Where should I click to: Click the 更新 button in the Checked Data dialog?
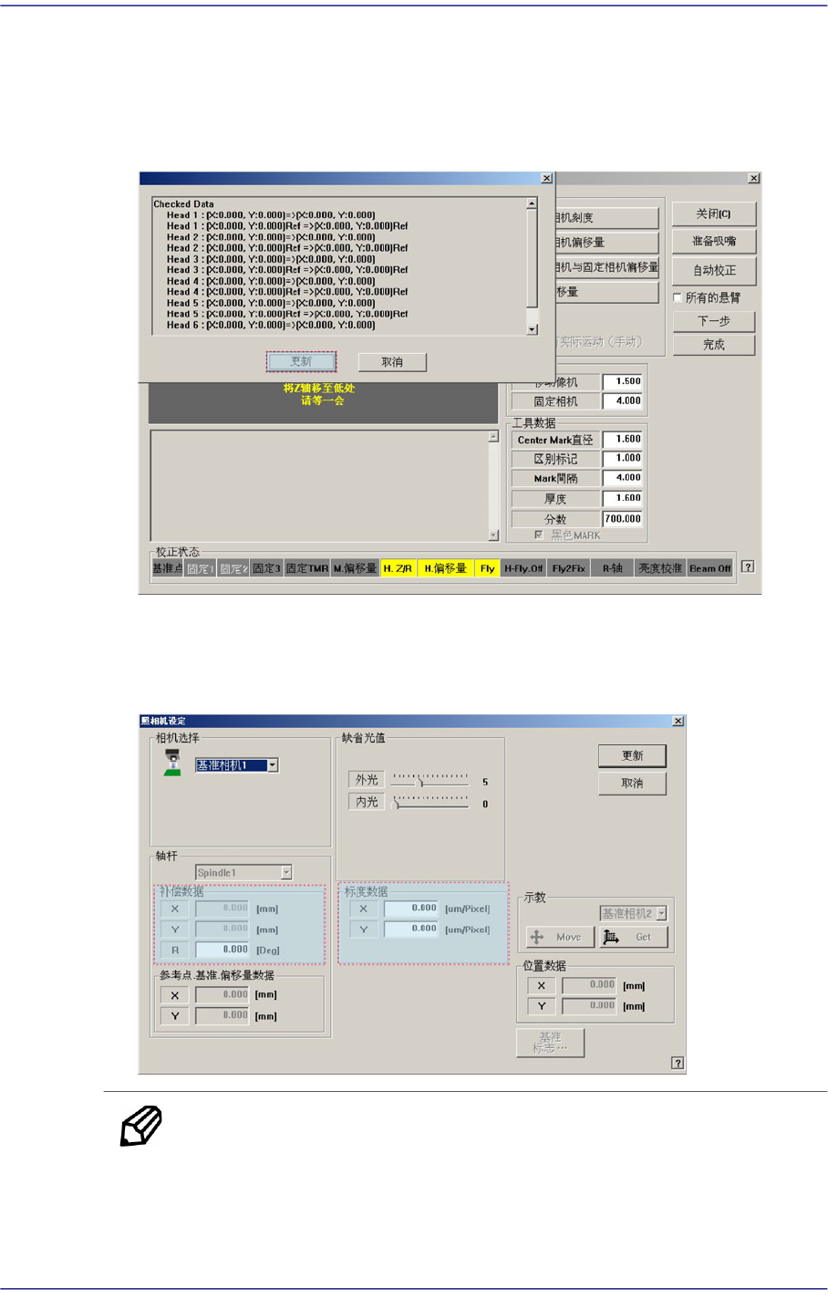(301, 362)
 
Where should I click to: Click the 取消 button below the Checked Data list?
(392, 362)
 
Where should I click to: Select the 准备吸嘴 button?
(714, 242)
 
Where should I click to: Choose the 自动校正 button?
(714, 270)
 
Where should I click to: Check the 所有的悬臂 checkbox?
(678, 297)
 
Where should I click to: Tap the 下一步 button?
(714, 321)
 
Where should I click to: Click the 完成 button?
(714, 345)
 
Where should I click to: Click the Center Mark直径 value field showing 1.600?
(622, 440)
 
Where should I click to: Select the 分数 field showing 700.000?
(622, 519)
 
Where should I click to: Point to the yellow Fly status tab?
(487, 568)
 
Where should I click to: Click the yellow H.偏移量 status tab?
(445, 568)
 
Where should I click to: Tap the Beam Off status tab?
(709, 568)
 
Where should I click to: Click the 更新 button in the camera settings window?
(632, 755)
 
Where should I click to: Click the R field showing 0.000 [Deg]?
(223, 950)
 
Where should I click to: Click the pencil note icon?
(141, 1126)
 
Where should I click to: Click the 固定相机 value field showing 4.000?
(622, 400)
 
